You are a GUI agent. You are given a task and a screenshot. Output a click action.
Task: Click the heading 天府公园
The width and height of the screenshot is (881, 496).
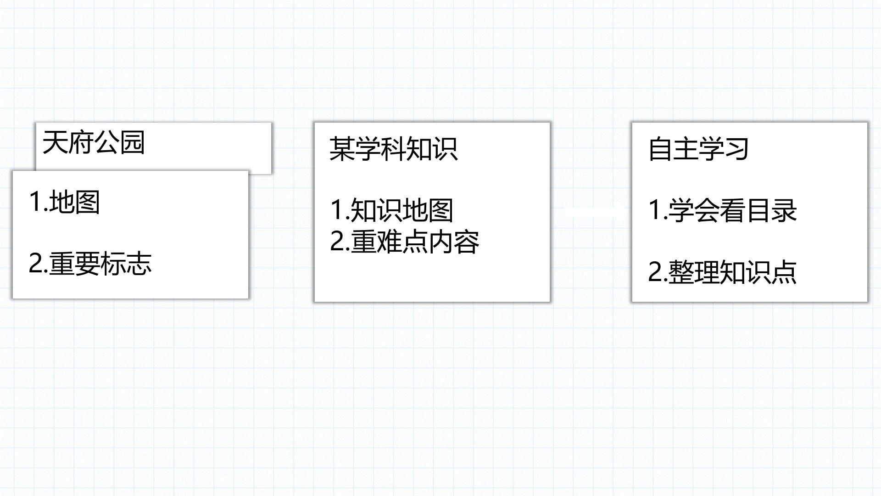tap(94, 142)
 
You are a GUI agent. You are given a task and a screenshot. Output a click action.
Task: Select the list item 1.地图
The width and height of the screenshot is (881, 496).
tap(64, 202)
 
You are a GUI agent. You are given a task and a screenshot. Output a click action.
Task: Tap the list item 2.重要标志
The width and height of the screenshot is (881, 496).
tap(90, 264)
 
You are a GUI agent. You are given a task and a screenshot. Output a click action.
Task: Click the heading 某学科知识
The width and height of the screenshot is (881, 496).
tap(394, 149)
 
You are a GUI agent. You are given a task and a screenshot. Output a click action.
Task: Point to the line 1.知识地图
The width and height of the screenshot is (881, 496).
tap(392, 210)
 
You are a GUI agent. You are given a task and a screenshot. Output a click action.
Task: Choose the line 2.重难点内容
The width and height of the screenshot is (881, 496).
tap(405, 242)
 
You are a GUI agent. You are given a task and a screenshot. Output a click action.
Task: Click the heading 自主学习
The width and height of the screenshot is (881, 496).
tap(698, 149)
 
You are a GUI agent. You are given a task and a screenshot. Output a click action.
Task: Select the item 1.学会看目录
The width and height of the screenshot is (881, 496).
tap(723, 210)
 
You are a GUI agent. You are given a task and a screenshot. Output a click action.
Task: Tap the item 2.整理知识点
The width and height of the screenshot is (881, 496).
tap(722, 272)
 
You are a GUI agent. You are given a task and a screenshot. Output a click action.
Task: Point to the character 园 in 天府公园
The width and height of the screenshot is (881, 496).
tap(133, 142)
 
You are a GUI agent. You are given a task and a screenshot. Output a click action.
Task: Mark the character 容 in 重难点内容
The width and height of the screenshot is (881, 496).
tap(467, 242)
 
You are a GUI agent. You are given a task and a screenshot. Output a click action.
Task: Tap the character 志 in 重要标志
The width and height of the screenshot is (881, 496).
tap(139, 264)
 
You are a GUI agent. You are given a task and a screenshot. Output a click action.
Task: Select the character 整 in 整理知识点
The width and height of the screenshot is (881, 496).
tap(681, 272)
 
